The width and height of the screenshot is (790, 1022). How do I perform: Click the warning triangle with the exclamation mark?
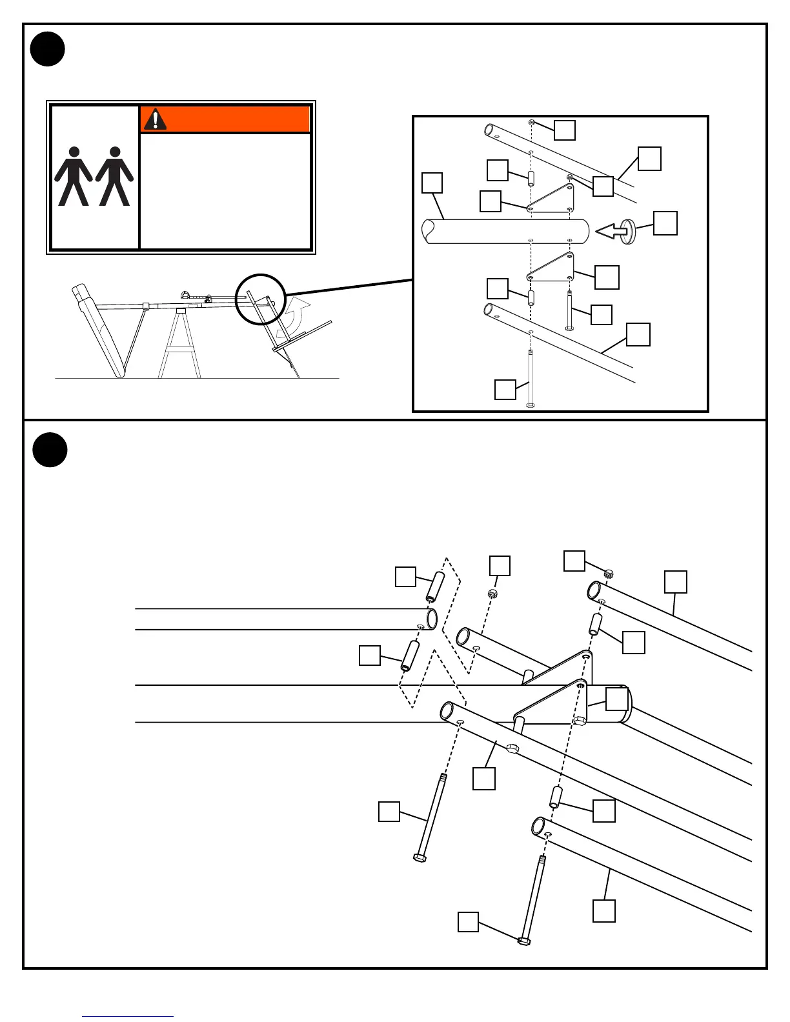tap(155, 119)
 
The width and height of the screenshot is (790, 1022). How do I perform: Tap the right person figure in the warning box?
tap(115, 175)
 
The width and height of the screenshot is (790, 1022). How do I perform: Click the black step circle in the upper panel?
tap(48, 49)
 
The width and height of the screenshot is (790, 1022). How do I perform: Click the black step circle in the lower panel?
tap(50, 450)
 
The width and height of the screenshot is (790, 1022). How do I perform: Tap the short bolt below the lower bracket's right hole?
tap(569, 310)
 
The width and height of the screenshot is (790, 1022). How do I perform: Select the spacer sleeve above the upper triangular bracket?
tap(531, 178)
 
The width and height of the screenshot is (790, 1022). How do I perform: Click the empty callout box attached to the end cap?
tap(665, 223)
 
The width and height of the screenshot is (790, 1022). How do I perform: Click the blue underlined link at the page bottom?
tap(128, 1016)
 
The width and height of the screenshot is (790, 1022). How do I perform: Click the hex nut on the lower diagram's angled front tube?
tap(512, 748)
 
